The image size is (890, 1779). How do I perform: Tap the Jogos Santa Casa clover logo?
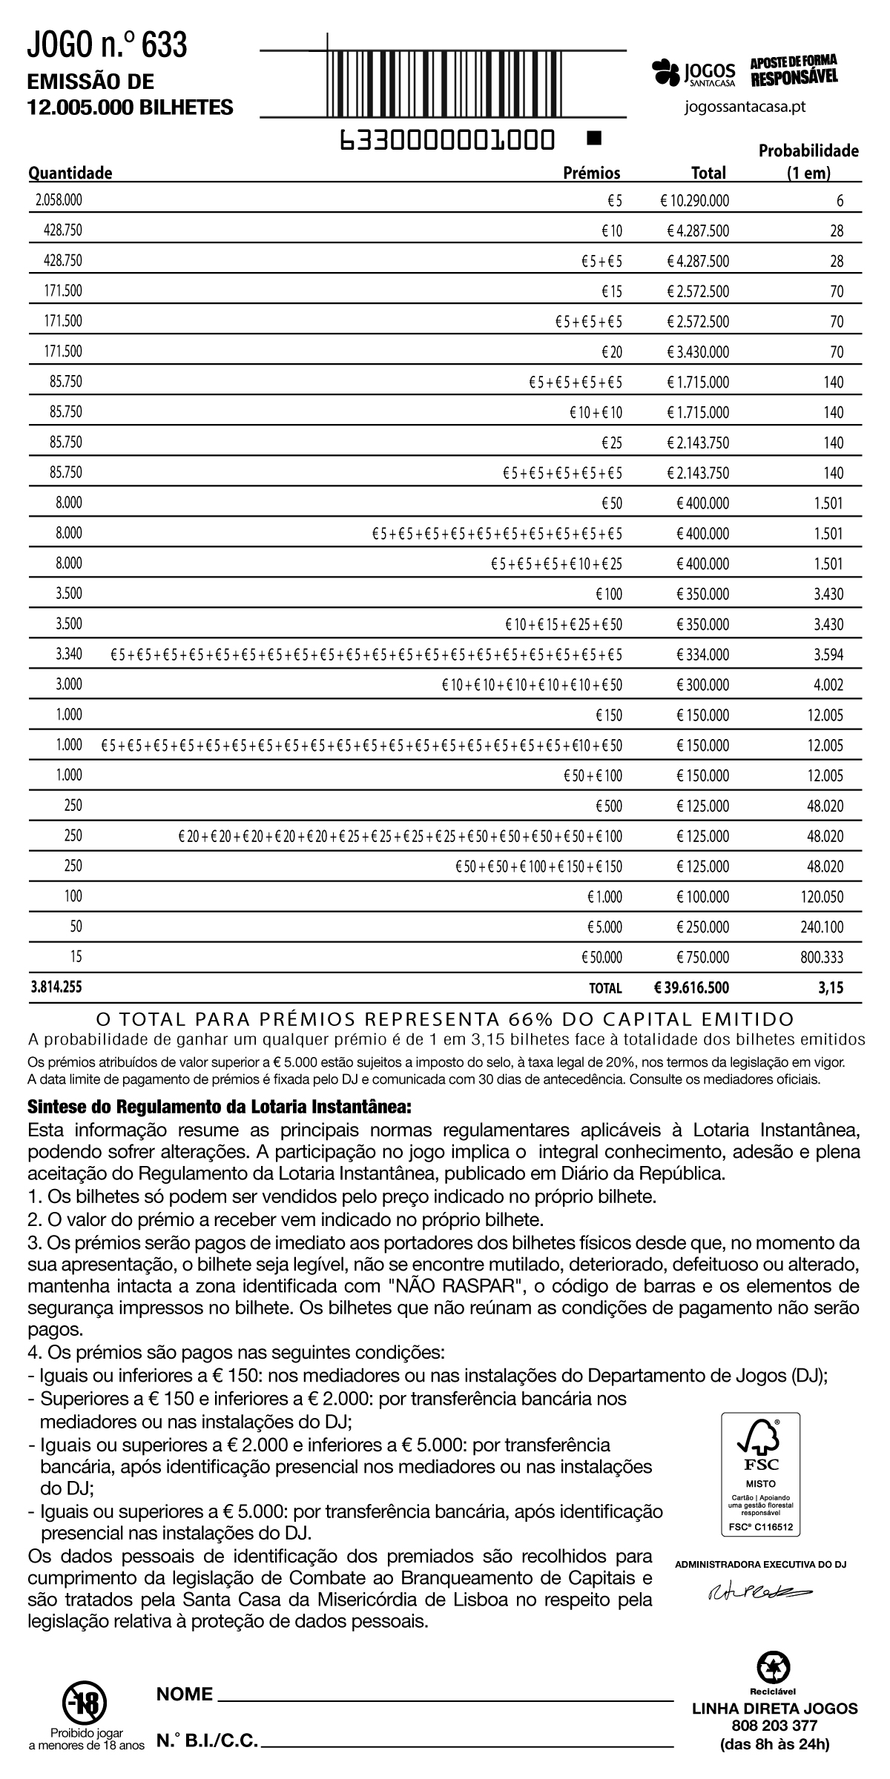[x=665, y=72]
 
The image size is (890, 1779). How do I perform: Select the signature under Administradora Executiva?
[x=756, y=1591]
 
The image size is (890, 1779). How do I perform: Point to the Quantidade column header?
[x=70, y=173]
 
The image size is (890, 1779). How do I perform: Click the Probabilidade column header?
[x=808, y=162]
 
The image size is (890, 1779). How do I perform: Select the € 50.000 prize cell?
[x=601, y=958]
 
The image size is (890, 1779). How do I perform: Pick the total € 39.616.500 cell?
[x=692, y=988]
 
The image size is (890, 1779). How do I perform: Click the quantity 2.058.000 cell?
[x=59, y=200]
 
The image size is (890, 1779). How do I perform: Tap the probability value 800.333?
[x=822, y=958]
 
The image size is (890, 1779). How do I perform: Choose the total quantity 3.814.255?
[x=56, y=988]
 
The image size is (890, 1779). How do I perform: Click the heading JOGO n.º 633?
[x=108, y=46]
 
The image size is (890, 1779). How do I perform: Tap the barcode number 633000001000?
[x=446, y=139]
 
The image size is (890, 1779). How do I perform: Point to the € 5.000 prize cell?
[x=604, y=927]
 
